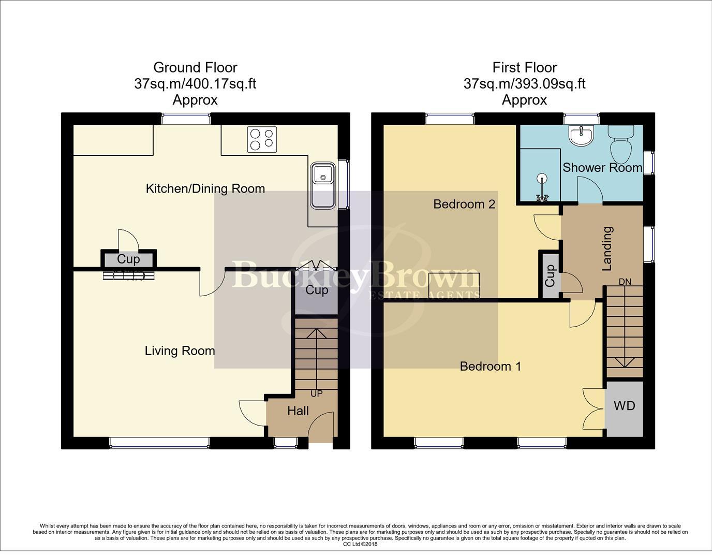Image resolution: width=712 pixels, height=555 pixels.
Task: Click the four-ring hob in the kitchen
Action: [262, 139]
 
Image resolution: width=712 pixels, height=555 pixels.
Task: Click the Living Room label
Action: [180, 351]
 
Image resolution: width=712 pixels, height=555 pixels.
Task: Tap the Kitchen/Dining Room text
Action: [205, 188]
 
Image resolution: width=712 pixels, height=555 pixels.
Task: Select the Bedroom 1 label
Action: [491, 367]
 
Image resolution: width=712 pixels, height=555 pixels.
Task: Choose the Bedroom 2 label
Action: [464, 204]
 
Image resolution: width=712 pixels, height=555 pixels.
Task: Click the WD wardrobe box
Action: [624, 406]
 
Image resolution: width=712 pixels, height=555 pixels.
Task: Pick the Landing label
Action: [607, 249]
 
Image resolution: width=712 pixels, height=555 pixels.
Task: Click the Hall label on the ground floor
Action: [298, 411]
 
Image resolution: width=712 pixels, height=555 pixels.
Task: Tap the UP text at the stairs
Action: [316, 393]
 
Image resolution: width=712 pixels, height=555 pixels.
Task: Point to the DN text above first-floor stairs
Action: [625, 282]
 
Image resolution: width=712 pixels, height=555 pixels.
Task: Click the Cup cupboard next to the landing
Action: [550, 275]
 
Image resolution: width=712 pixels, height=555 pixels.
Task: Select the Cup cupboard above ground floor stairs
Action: [317, 290]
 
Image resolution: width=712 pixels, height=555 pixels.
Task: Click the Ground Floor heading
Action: [195, 67]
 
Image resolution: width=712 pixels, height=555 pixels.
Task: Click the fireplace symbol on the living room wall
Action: [129, 276]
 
